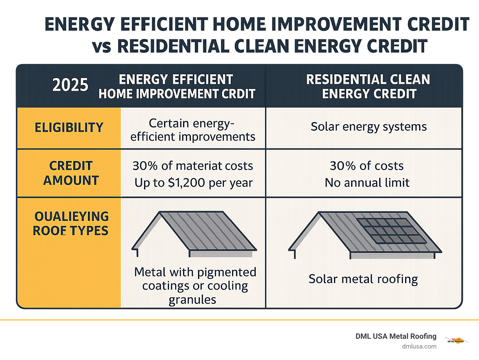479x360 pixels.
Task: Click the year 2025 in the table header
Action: point(70,85)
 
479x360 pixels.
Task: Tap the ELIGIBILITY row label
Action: point(69,128)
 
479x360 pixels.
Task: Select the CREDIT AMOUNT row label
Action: point(71,173)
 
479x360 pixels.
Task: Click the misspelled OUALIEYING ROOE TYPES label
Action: point(71,224)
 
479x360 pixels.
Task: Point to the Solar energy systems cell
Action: point(369,127)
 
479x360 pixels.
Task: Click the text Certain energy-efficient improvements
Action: point(192,130)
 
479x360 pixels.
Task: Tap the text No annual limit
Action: point(367,183)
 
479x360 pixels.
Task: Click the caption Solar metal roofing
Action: point(363,279)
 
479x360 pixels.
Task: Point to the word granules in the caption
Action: point(192,300)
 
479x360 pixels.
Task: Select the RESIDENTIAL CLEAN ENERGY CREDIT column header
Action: point(368,86)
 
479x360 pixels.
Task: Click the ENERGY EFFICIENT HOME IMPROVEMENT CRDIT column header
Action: point(177,86)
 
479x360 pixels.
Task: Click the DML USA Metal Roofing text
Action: point(396,336)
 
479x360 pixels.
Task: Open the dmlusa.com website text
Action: point(419,346)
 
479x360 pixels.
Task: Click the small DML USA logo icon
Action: point(456,340)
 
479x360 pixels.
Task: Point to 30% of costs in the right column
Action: point(367,166)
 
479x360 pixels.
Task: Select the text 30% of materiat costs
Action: point(193,166)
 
